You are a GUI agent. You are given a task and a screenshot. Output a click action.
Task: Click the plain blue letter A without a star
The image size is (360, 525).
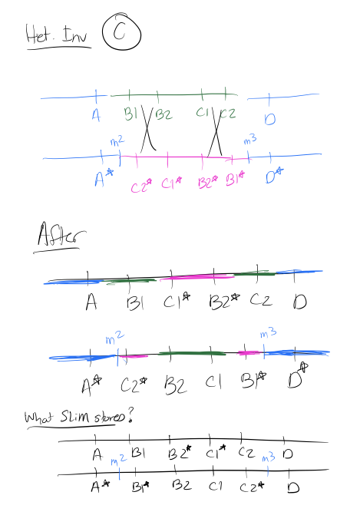(96, 115)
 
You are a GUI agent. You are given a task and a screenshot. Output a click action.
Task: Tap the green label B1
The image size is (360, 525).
(130, 114)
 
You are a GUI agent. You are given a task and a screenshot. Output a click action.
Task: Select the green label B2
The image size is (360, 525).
(163, 115)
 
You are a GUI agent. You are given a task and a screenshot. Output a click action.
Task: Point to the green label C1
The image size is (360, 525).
(202, 113)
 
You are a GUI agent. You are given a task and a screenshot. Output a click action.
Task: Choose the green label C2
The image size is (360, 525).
(228, 114)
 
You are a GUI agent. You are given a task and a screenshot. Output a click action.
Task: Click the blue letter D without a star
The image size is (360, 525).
(270, 119)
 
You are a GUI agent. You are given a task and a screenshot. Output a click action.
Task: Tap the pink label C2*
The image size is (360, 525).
(141, 186)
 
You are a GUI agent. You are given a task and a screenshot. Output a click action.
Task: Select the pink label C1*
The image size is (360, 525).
(172, 183)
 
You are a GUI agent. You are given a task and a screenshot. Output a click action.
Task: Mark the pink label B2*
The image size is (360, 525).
(208, 183)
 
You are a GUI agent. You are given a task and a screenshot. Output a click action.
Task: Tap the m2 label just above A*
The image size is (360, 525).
(117, 141)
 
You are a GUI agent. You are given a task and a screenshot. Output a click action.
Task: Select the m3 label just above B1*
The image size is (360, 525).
(250, 140)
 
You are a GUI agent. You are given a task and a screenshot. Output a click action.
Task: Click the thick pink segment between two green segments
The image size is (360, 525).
(197, 277)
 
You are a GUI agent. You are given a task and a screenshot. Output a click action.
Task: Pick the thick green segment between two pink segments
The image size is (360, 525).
(192, 354)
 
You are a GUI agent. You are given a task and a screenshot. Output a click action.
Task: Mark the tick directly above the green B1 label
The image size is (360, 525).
(130, 95)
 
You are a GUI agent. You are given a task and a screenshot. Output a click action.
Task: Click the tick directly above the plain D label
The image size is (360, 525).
(269, 98)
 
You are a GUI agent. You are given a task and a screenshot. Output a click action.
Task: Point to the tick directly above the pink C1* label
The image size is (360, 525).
(168, 160)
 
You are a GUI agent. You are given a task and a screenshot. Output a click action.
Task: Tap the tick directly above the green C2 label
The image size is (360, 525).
(226, 94)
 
